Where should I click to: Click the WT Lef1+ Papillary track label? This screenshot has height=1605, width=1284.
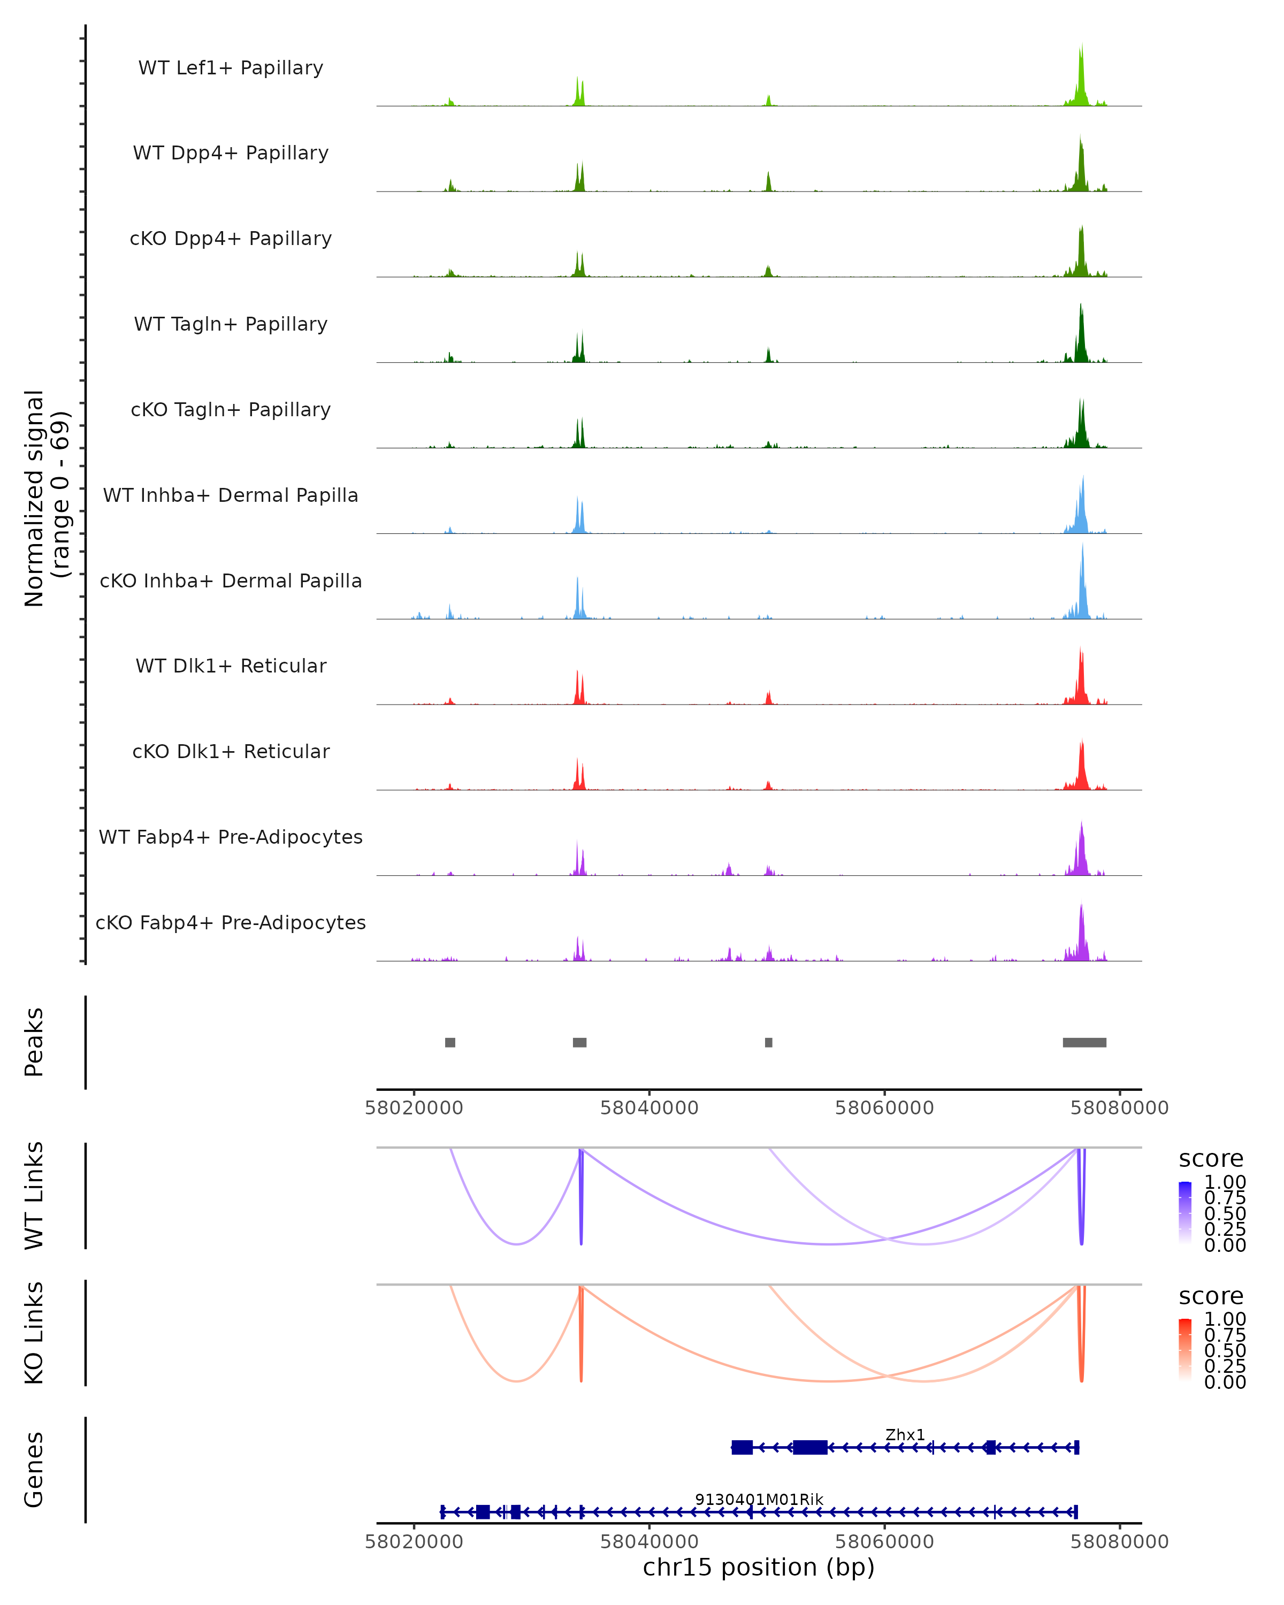pyautogui.click(x=231, y=68)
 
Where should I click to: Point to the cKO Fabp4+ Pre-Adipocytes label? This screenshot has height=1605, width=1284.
pyautogui.click(x=231, y=922)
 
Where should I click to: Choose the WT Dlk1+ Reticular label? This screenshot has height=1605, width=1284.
pyautogui.click(x=231, y=666)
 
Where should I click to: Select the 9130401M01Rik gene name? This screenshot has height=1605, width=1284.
pyautogui.click(x=759, y=1499)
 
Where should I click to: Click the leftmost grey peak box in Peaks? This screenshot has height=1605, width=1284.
pyautogui.click(x=450, y=1042)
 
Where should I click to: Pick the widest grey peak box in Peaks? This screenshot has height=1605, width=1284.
pyautogui.click(x=1084, y=1042)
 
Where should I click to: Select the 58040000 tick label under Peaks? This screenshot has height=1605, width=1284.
pyautogui.click(x=649, y=1108)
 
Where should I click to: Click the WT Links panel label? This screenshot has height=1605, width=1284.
pyautogui.click(x=34, y=1196)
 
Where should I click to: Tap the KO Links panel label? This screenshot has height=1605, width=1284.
pyautogui.click(x=34, y=1333)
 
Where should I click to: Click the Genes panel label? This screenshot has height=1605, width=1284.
pyautogui.click(x=34, y=1470)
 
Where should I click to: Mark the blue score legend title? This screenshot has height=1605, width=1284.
pyautogui.click(x=1211, y=1159)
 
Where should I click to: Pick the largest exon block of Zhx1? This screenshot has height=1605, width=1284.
pyautogui.click(x=810, y=1447)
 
